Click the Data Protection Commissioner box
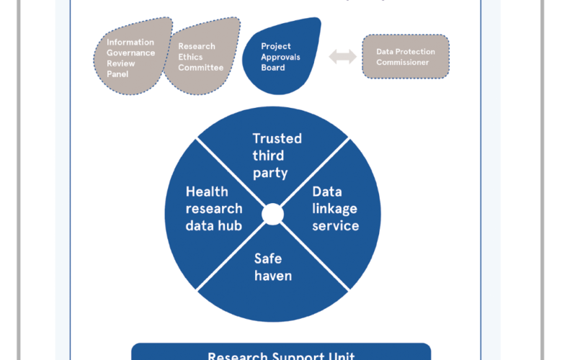[405, 56]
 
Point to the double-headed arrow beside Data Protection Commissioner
[343, 58]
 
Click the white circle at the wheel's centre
[272, 214]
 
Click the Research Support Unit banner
[281, 353]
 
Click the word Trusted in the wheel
[277, 138]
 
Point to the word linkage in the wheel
[334, 209]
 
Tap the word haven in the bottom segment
[272, 276]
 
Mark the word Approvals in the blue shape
[280, 57]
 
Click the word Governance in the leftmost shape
[131, 53]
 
